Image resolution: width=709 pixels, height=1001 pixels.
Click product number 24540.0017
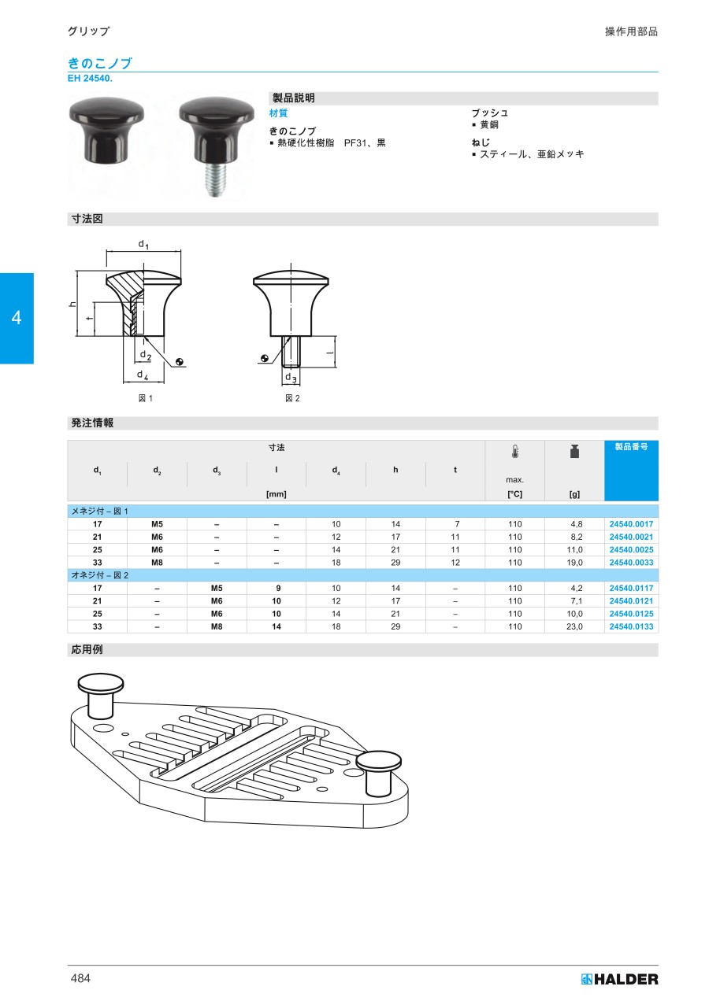(x=631, y=523)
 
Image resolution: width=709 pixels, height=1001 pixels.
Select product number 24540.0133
(x=631, y=626)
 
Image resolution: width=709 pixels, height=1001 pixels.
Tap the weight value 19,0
(x=574, y=563)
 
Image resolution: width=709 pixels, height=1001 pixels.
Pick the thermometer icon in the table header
(x=514, y=452)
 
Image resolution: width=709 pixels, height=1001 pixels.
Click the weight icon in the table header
(x=574, y=452)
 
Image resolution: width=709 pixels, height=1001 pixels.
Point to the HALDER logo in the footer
(x=619, y=979)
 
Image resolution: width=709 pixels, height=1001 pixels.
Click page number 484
(x=81, y=978)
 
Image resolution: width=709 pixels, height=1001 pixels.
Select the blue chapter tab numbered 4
(x=17, y=318)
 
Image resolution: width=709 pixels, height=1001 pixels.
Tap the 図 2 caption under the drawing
(x=292, y=398)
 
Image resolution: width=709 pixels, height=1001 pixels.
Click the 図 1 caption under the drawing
(x=146, y=398)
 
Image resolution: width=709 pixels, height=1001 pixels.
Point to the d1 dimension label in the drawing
(x=143, y=245)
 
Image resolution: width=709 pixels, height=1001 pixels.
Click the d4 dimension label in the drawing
(x=143, y=375)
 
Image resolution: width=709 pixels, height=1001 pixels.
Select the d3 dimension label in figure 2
(x=291, y=378)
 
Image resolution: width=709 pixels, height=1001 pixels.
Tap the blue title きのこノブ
(x=99, y=64)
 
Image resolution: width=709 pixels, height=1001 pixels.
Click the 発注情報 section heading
(x=92, y=423)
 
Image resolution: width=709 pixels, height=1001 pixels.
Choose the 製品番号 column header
(x=631, y=446)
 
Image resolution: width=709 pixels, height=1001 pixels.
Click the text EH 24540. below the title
(x=91, y=79)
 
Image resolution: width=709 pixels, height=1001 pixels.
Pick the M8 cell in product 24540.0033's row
(x=157, y=563)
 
